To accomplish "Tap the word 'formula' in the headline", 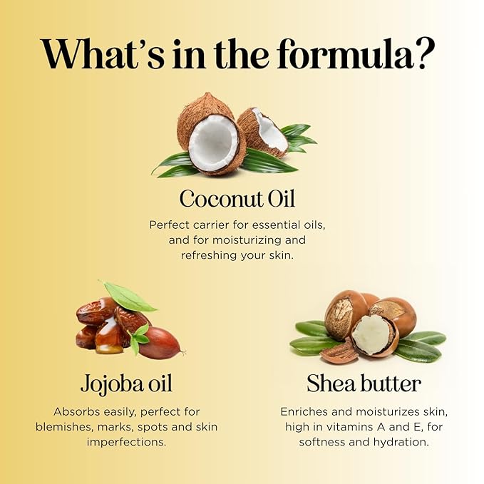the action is click(345, 53).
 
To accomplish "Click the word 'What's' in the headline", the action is click(103, 53).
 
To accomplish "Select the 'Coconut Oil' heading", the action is click(237, 198).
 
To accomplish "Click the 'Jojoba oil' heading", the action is click(126, 383).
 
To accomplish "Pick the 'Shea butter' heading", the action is click(364, 383).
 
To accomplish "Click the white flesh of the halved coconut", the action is click(214, 143).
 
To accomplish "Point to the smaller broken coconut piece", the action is click(263, 131).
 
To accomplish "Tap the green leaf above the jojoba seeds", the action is click(128, 297).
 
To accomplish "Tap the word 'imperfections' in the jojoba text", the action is click(126, 443).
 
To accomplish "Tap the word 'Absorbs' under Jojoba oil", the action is click(76, 412).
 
